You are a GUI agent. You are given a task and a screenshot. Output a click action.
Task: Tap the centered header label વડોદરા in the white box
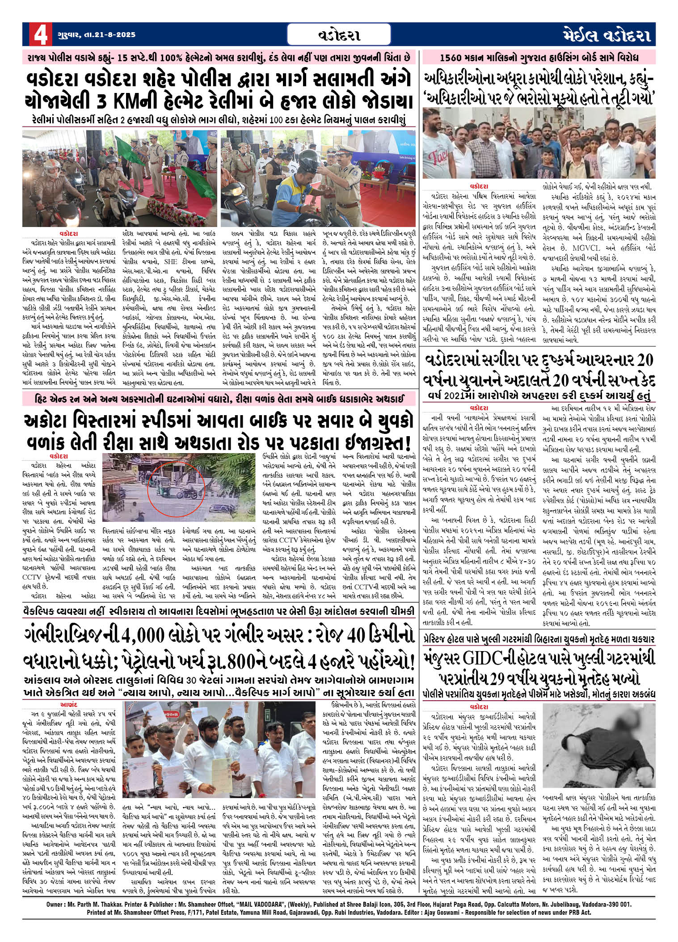[x=340, y=35]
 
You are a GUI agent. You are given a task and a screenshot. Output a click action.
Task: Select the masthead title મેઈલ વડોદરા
[x=606, y=35]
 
